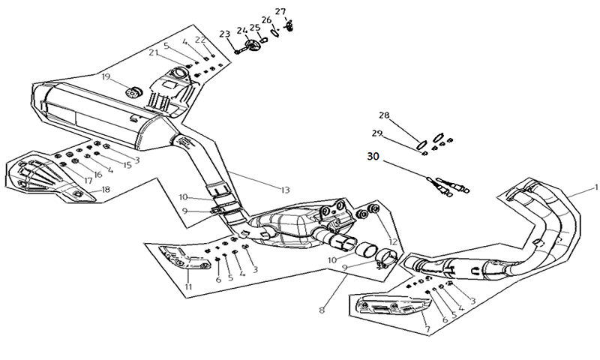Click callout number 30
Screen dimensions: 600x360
click(373, 157)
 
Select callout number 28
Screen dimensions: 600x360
click(384, 115)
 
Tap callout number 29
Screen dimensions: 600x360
click(377, 133)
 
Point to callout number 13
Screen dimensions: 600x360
click(285, 189)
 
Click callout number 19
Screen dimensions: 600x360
click(106, 77)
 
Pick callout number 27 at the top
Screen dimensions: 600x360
click(280, 11)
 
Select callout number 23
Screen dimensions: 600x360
click(224, 34)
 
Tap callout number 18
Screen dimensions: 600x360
click(106, 190)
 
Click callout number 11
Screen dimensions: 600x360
click(188, 286)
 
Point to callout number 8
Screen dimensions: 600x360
click(322, 310)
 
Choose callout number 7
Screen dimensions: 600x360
click(427, 328)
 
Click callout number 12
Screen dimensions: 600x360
click(392, 242)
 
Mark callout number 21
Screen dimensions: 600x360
click(154, 52)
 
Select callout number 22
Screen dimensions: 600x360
click(200, 40)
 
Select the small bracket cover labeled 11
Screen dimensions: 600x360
click(184, 257)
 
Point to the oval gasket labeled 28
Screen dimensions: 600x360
click(421, 145)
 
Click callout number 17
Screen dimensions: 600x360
click(88, 181)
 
